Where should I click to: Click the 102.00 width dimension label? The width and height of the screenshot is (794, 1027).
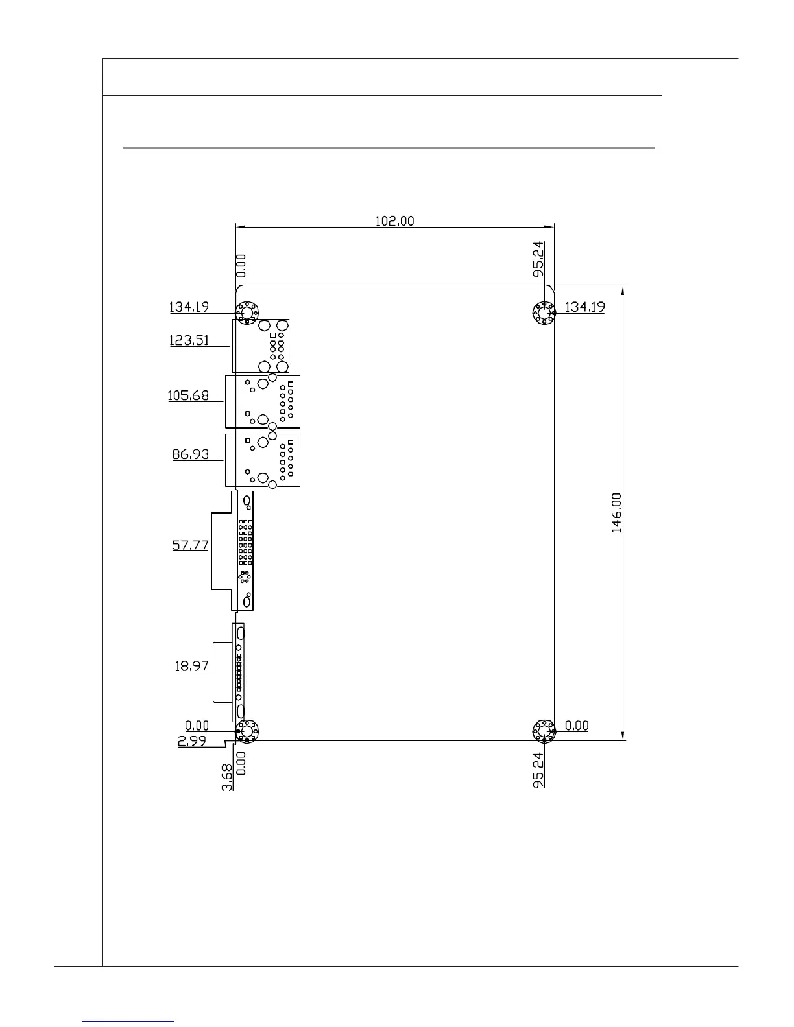click(394, 221)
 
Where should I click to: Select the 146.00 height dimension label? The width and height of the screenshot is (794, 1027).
click(616, 512)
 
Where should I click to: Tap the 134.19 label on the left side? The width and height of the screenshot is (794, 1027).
click(189, 307)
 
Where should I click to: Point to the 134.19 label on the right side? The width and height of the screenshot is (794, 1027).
click(584, 307)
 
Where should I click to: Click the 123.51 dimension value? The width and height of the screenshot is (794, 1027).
click(189, 340)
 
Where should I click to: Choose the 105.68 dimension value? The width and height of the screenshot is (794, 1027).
click(188, 395)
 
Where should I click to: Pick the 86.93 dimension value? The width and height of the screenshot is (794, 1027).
click(190, 454)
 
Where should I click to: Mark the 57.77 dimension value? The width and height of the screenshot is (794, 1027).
click(190, 545)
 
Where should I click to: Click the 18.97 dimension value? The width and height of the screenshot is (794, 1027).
click(191, 665)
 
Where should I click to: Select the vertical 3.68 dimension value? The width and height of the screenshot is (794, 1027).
click(228, 778)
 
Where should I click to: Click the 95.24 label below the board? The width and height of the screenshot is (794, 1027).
click(538, 770)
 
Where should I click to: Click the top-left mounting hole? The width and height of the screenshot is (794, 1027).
click(247, 313)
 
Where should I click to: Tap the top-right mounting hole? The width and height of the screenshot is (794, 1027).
click(543, 314)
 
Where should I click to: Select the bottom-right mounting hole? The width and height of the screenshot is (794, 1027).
click(543, 732)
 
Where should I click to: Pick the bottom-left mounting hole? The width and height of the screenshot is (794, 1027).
click(247, 732)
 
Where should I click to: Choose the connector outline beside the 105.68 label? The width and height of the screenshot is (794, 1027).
click(263, 401)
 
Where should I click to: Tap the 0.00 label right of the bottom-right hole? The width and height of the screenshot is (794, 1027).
click(577, 726)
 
